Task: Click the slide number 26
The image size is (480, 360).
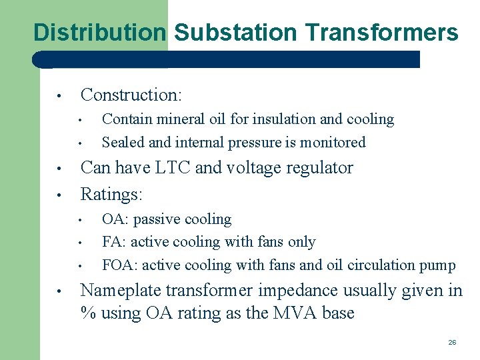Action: (x=452, y=342)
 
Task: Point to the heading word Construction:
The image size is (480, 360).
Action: (x=131, y=95)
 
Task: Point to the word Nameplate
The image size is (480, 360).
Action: (x=121, y=291)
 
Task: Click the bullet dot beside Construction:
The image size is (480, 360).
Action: (x=59, y=96)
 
